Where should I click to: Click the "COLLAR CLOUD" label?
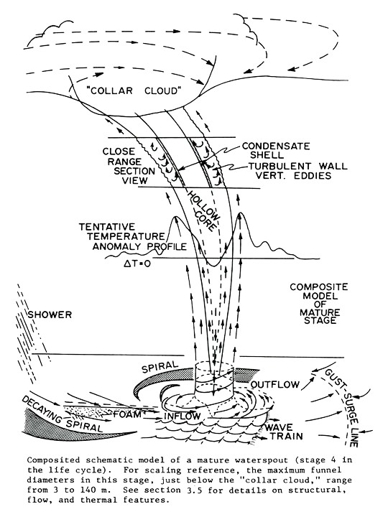(134, 90)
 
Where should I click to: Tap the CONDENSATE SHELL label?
(276, 150)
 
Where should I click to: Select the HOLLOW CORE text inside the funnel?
(203, 210)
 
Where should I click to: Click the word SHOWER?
(50, 315)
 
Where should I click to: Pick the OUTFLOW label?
(274, 384)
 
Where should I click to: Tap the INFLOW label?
(182, 416)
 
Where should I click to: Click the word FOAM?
(127, 414)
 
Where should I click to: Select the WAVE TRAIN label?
(284, 432)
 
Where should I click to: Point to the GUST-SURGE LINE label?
(341, 408)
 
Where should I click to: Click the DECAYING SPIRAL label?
(63, 414)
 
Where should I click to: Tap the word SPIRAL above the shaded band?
(160, 368)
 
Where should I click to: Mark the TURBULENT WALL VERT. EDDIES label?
(298, 170)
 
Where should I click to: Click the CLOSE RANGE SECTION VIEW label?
(129, 166)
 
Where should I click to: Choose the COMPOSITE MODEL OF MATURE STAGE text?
(319, 303)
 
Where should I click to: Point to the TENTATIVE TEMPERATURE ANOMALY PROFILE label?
(133, 236)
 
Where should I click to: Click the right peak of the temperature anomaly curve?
(241, 213)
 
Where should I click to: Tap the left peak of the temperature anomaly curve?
(176, 217)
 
